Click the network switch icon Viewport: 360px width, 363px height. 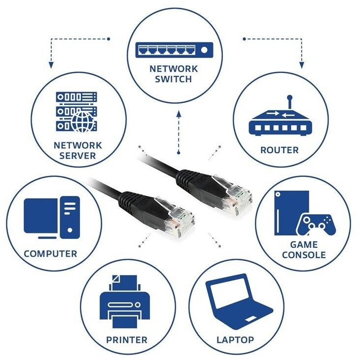[x=174, y=49]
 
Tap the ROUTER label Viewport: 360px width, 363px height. [x=279, y=150]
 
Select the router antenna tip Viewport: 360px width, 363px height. [x=290, y=98]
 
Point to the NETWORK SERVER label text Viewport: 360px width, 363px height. [x=78, y=151]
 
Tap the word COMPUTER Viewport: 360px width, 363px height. [x=50, y=254]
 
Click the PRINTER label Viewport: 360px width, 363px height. [x=127, y=340]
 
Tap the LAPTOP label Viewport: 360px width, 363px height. [x=235, y=340]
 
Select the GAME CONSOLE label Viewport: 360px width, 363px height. [x=304, y=250]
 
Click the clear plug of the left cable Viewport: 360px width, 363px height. [x=175, y=215]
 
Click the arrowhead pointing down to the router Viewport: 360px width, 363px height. [x=302, y=65]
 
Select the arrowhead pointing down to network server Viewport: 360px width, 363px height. [x=50, y=65]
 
